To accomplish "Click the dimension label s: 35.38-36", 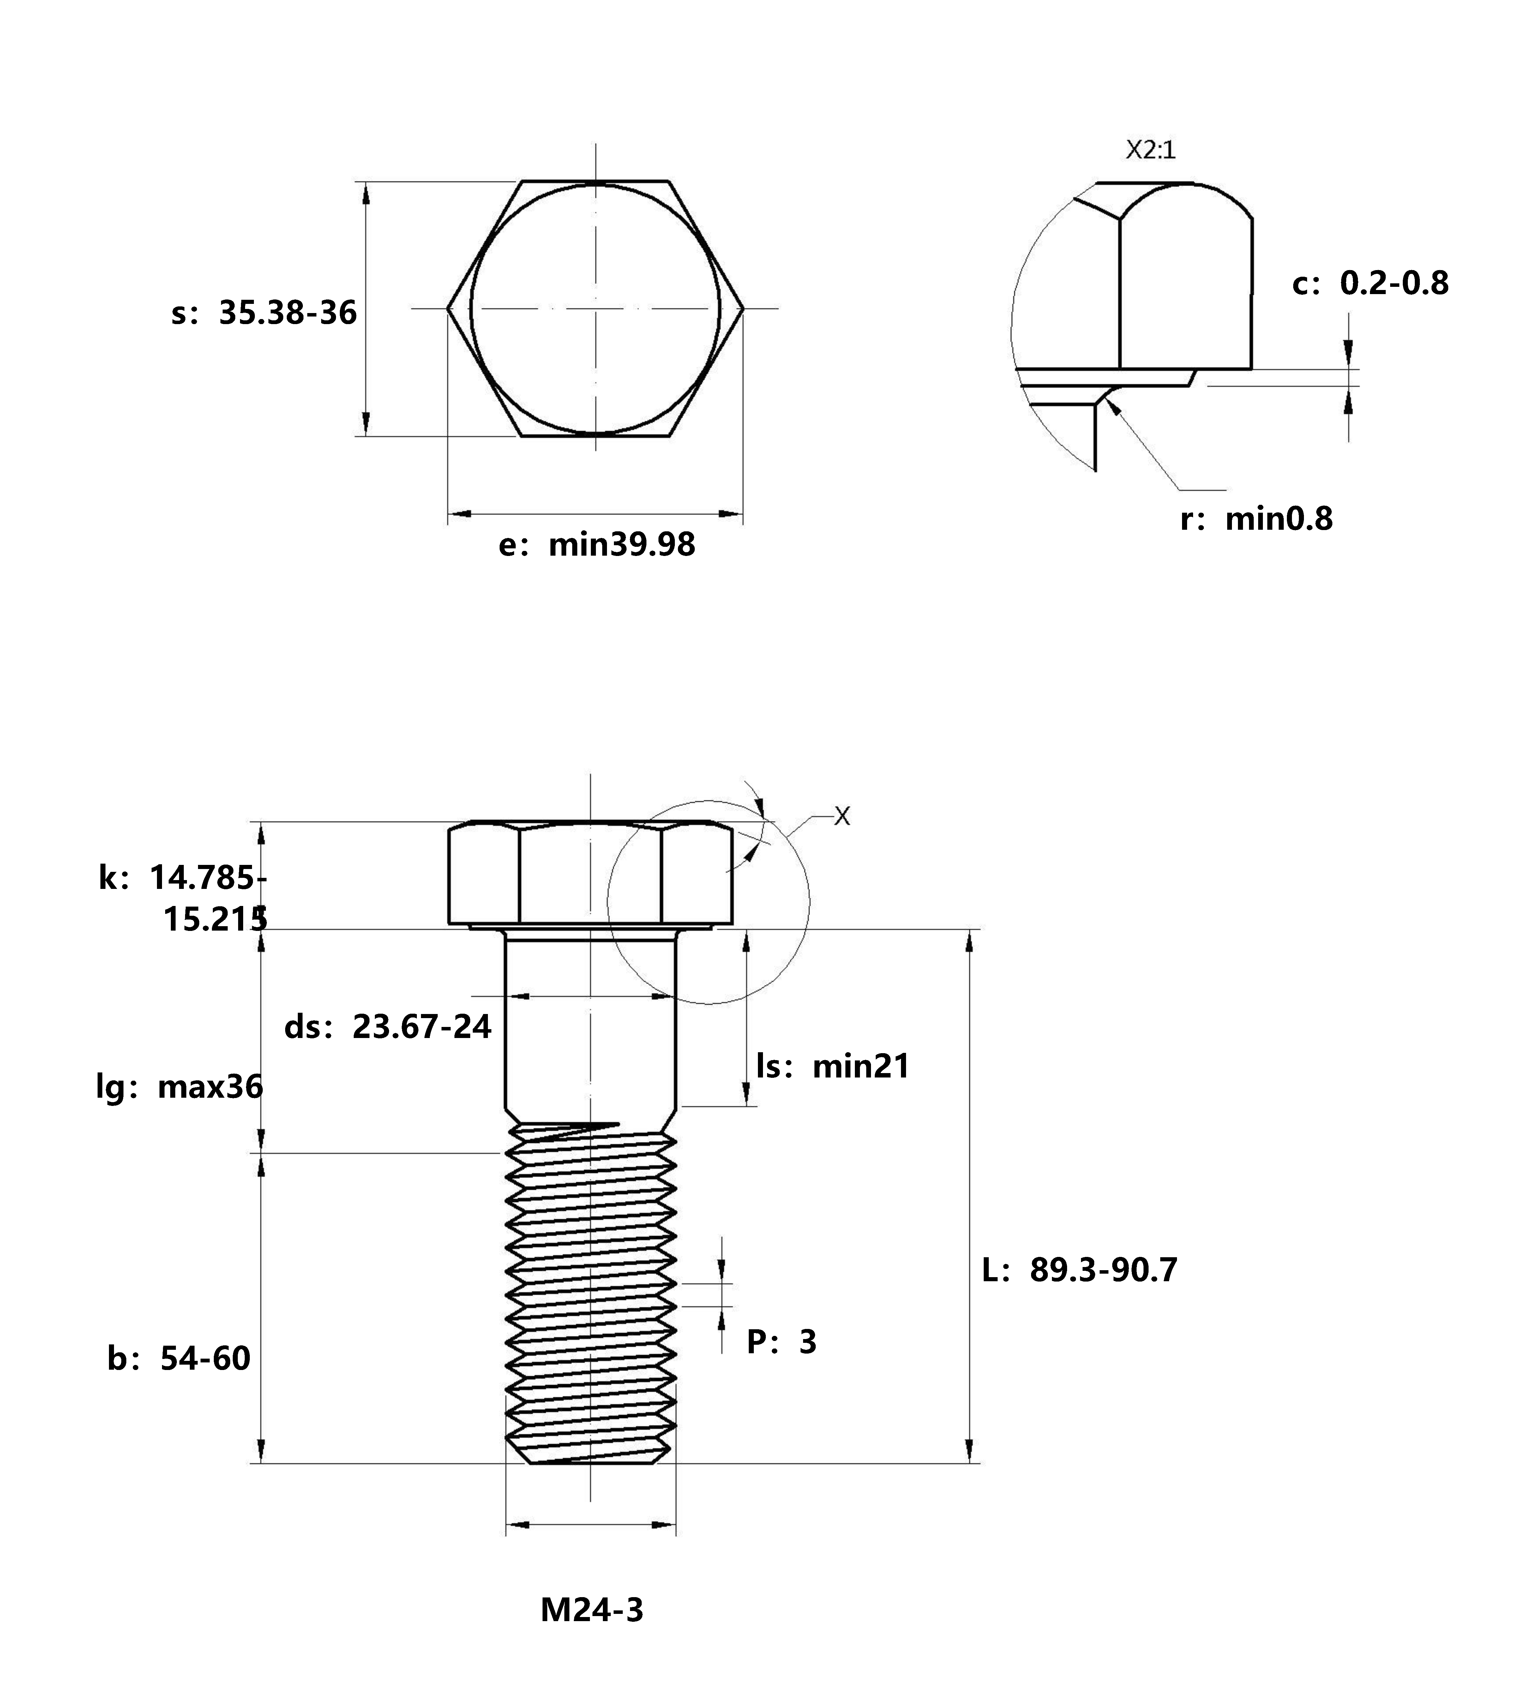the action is coord(263,313).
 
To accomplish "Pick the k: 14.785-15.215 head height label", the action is coord(183,899).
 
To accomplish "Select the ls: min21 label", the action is coord(833,1067).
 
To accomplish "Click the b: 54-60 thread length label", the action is coord(179,1358).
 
